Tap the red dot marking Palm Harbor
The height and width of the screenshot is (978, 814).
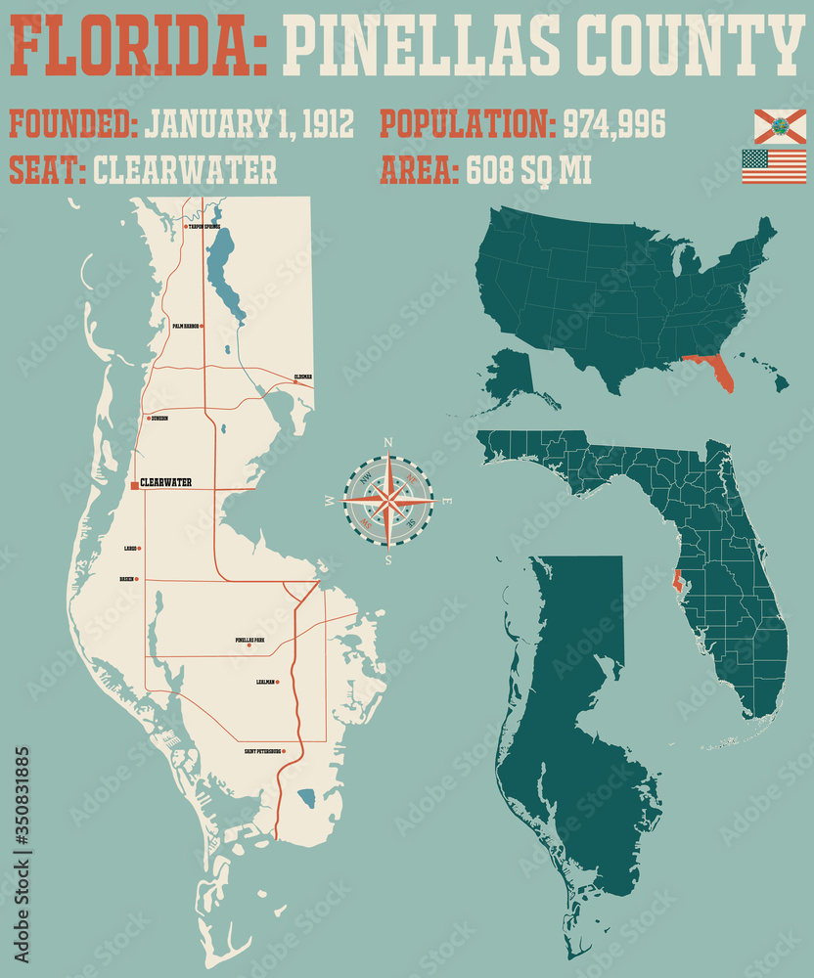click(x=203, y=326)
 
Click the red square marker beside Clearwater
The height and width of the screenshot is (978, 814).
click(x=135, y=483)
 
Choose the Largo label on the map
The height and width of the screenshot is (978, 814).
click(x=129, y=549)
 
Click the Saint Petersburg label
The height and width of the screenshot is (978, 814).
click(x=263, y=751)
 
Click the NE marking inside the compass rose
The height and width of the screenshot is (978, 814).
click(x=412, y=479)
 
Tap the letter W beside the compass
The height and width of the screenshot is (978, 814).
click(x=329, y=502)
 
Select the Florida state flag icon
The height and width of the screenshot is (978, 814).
click(x=779, y=126)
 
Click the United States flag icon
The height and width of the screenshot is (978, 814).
click(x=773, y=166)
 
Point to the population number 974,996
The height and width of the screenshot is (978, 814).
click(x=613, y=124)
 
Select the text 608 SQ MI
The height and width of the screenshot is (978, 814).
click(x=529, y=169)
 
